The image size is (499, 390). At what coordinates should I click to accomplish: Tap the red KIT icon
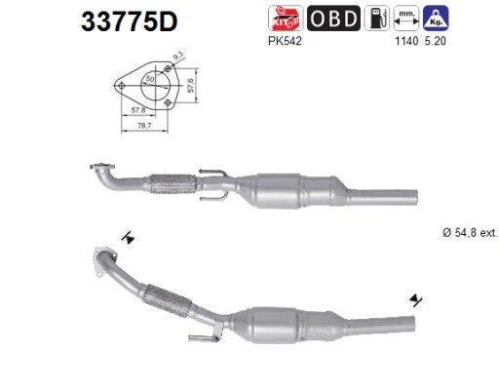tap(279, 18)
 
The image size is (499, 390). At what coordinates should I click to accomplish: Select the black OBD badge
tap(333, 18)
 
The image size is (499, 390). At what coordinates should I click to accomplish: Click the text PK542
tap(279, 42)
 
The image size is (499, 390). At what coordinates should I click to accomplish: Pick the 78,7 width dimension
tap(143, 126)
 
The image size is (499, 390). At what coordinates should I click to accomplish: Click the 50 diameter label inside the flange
tap(148, 77)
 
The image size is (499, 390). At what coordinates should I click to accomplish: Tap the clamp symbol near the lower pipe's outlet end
tap(416, 299)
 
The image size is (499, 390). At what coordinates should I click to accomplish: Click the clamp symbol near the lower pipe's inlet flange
tap(127, 237)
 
